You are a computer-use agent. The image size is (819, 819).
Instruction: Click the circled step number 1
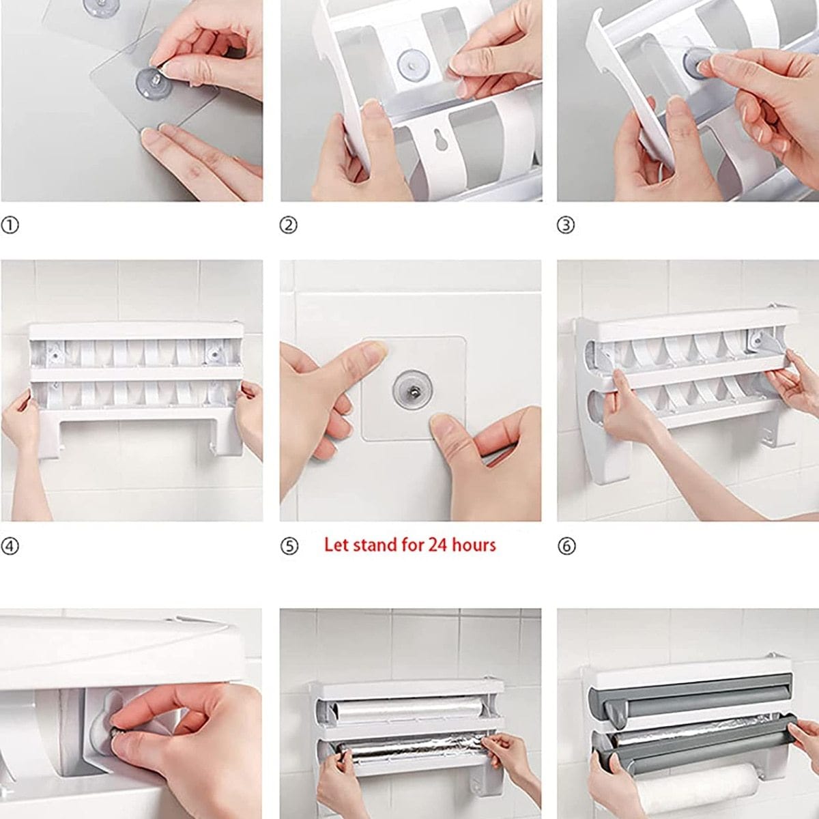10,225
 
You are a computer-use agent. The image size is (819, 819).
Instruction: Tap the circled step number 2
289,225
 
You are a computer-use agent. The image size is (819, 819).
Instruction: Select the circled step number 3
566,225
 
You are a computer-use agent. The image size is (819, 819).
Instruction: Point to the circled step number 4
10,546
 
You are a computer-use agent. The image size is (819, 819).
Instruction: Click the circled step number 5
289,546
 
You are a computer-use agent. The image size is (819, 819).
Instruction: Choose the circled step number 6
566,546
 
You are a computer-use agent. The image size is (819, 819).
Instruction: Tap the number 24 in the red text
437,545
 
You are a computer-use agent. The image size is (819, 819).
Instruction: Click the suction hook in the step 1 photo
154,83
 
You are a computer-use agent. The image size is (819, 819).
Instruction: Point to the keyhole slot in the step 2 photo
440,139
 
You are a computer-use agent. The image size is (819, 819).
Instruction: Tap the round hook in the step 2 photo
413,66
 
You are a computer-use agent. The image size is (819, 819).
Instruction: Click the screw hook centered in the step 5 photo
412,390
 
